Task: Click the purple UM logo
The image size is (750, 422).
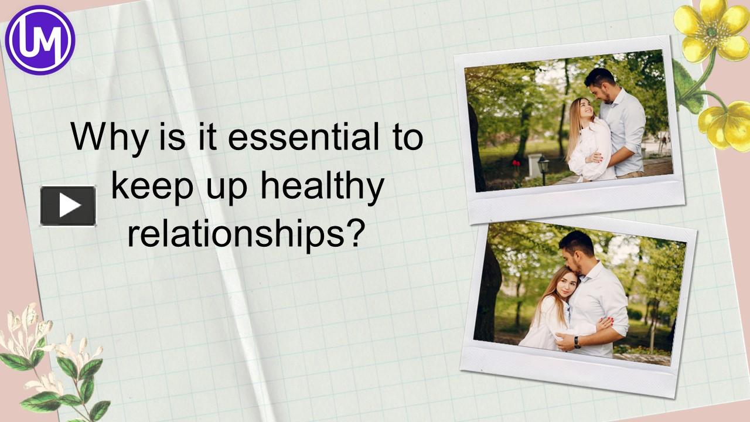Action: click(40, 39)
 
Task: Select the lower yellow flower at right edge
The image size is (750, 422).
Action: click(727, 124)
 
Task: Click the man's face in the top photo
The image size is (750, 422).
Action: click(600, 88)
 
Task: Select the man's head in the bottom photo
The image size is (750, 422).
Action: click(577, 246)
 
